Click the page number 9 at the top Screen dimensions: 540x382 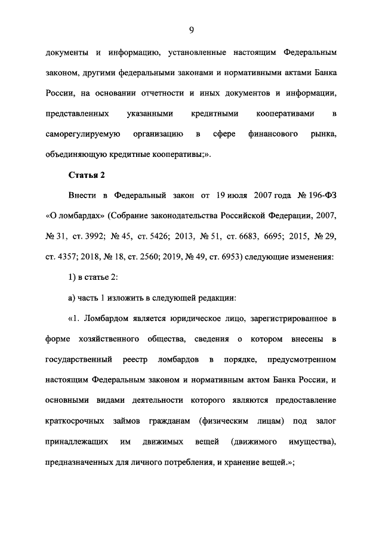[191, 29]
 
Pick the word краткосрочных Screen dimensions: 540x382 [79, 421]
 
